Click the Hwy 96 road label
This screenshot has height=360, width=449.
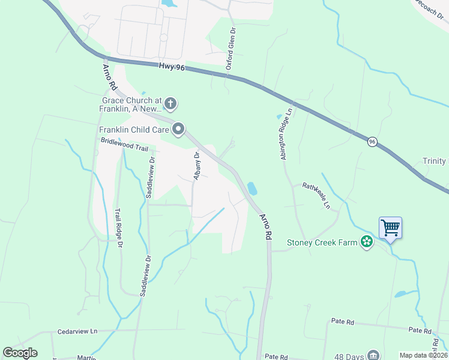[172, 67]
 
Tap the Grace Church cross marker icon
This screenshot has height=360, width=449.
[170, 104]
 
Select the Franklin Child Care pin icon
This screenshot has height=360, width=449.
[178, 130]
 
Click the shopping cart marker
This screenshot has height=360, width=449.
[390, 228]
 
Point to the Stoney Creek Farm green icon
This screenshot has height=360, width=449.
[366, 242]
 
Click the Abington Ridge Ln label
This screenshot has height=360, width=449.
[285, 134]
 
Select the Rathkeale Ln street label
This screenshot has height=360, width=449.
[316, 196]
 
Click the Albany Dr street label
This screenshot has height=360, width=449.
[196, 166]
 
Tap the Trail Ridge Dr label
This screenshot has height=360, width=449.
[119, 228]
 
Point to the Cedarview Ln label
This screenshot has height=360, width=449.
[77, 331]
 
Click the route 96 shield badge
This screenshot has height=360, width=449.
[373, 142]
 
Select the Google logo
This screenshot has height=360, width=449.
[20, 353]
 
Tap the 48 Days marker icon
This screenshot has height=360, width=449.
[373, 355]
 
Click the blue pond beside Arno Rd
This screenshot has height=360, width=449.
[252, 188]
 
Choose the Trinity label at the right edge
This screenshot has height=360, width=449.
[435, 161]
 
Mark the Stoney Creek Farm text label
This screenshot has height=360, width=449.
[321, 242]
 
